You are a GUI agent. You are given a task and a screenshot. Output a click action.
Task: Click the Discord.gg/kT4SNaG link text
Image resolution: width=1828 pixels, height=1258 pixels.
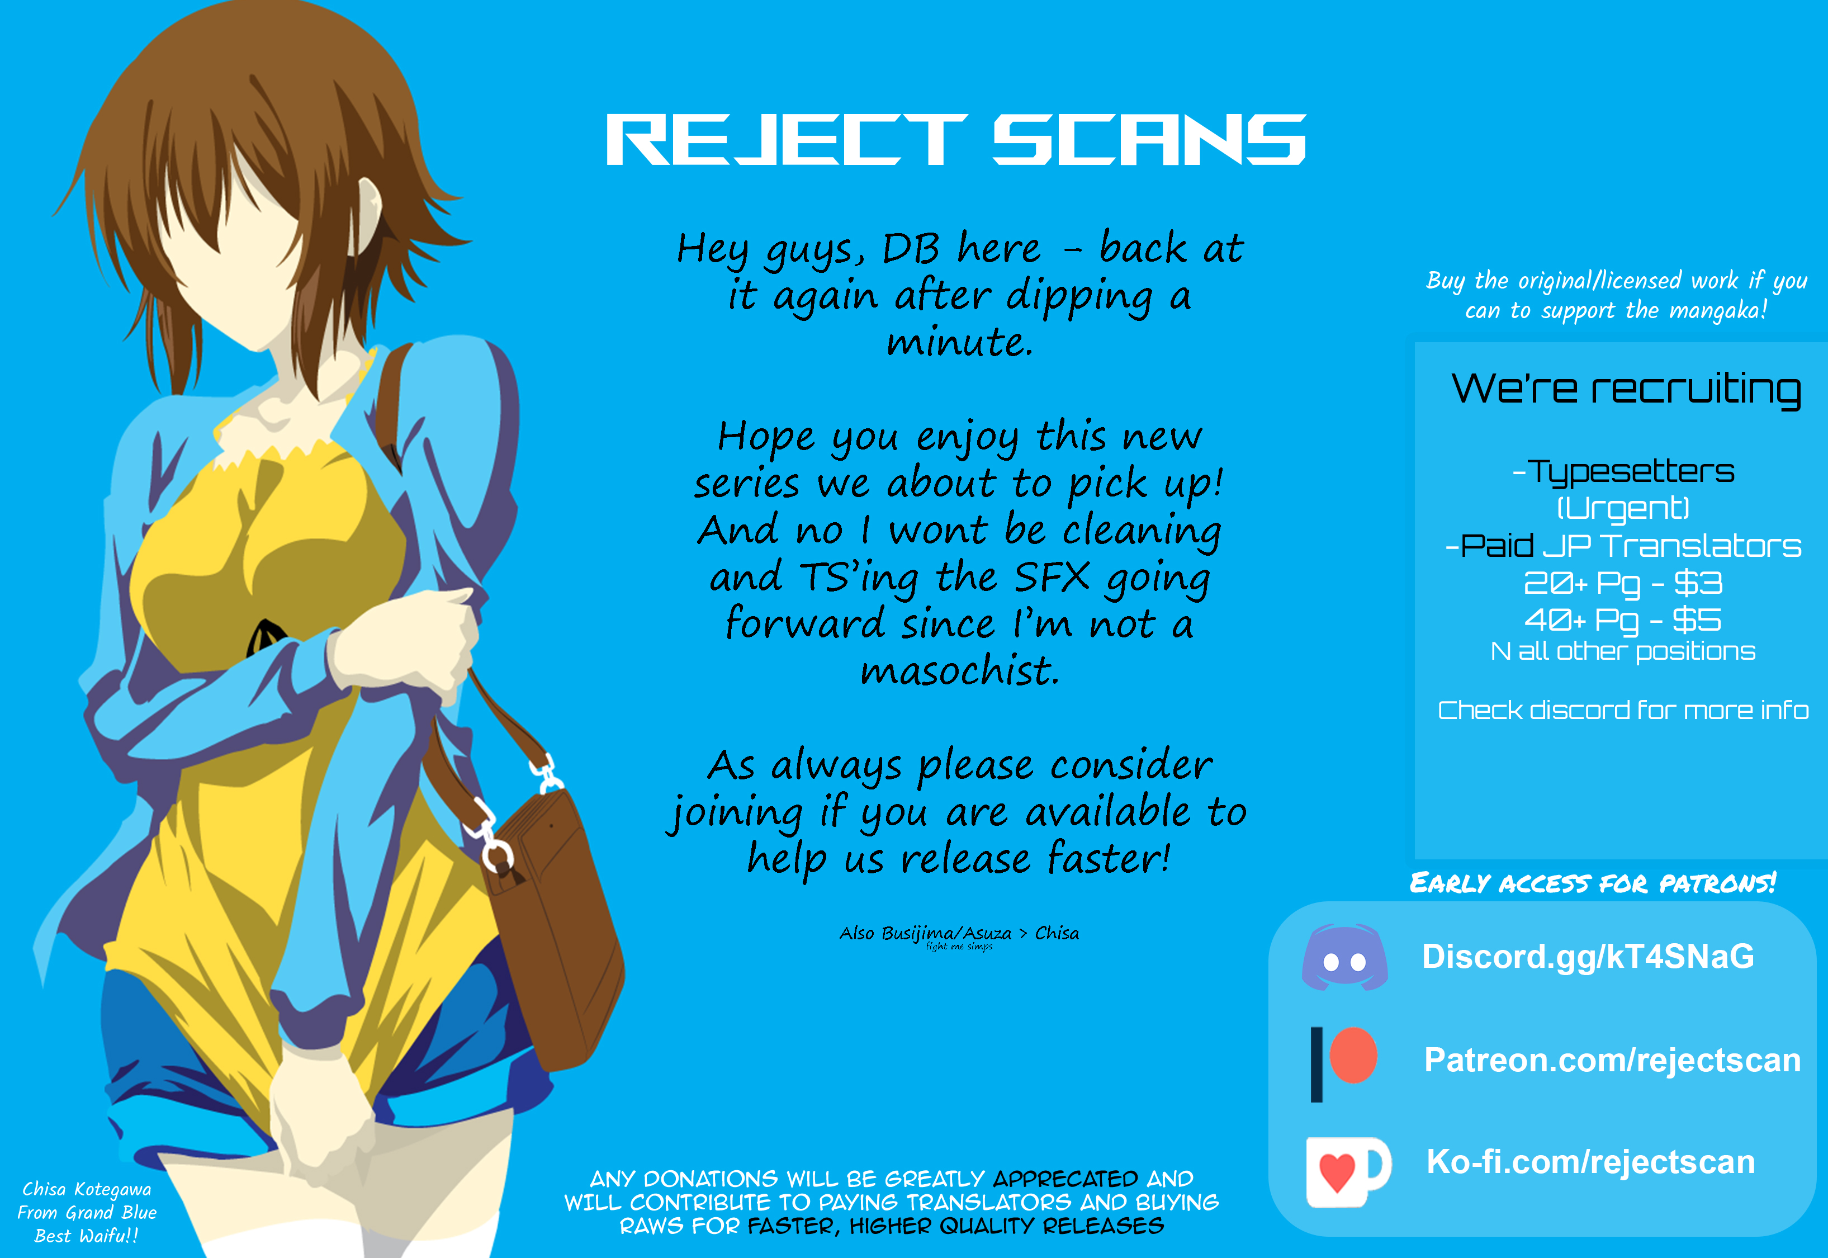(1588, 957)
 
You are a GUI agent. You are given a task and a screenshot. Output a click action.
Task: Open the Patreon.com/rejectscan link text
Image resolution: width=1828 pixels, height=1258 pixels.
(1612, 1060)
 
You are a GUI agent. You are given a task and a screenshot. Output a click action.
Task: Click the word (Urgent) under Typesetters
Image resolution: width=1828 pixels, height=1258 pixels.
(1623, 508)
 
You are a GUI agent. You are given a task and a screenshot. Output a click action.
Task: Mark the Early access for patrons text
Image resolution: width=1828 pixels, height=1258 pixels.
(1593, 883)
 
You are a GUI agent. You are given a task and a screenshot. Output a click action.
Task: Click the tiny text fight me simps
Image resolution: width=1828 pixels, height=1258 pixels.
(959, 947)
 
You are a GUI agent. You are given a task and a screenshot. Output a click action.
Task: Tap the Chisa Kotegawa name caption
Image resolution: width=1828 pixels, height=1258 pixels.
(87, 1189)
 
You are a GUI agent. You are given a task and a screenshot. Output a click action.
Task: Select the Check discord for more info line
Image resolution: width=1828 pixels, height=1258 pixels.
(1623, 710)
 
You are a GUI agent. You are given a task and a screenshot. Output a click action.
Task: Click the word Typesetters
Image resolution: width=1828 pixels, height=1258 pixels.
(1631, 472)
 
